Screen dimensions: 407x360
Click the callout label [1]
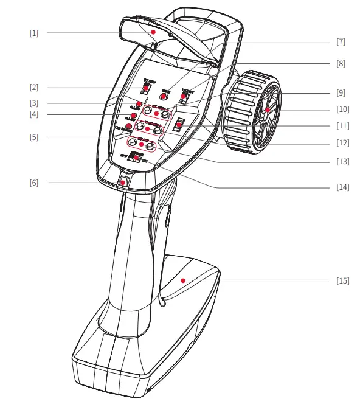[x=34, y=33]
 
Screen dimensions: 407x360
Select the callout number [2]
[x=34, y=88]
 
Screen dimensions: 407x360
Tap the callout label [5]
[x=34, y=137]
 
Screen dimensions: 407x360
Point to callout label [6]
[x=34, y=183]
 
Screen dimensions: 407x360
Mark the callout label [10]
[x=342, y=110]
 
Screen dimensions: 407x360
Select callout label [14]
[x=342, y=187]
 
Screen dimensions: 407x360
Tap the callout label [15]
[x=342, y=280]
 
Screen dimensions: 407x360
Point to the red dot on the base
[x=183, y=281]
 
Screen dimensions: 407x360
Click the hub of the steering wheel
[x=267, y=110]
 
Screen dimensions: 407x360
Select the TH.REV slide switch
[x=185, y=96]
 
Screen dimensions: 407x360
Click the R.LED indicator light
[x=139, y=103]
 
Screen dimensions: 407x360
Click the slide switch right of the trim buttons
[x=179, y=125]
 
